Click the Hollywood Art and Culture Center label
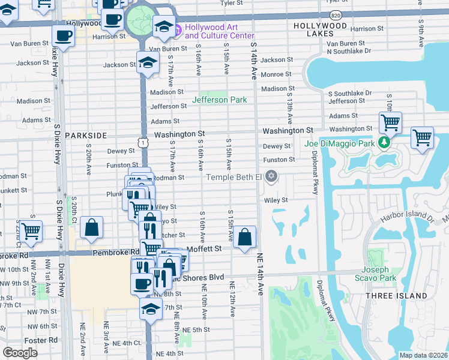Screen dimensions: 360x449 (x=219, y=31)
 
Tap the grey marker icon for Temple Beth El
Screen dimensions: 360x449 (x=272, y=176)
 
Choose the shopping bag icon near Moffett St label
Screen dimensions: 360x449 (x=245, y=237)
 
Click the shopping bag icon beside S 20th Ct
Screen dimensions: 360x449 (x=91, y=227)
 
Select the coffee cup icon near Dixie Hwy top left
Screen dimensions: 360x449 (x=63, y=35)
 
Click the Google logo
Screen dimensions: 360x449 (x=20, y=353)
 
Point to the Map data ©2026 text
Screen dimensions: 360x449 (x=424, y=355)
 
